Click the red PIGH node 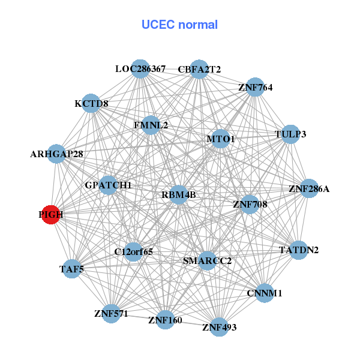[51, 215]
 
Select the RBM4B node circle [178, 195]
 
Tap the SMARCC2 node [206, 260]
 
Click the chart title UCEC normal [179, 25]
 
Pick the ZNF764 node [255, 87]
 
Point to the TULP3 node [290, 134]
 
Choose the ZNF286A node [308, 189]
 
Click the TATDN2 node [299, 250]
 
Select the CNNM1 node [264, 293]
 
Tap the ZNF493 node [219, 327]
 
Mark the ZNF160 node [164, 319]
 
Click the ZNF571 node [111, 313]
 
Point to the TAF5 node [71, 269]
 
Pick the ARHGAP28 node [56, 154]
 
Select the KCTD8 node [91, 103]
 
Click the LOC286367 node [140, 69]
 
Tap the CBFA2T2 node [199, 69]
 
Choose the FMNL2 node [151, 125]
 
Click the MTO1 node [220, 139]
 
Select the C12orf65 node [133, 251]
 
